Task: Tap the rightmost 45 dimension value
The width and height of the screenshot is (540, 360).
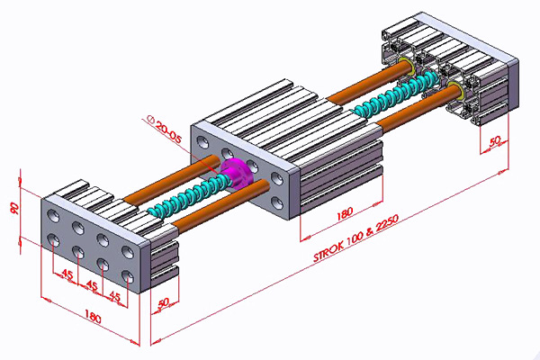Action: [x=114, y=295]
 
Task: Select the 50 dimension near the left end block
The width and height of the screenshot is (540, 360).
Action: [x=163, y=303]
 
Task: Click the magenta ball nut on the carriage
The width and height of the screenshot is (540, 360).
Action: [x=237, y=173]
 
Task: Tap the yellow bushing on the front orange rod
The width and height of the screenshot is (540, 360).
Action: [x=456, y=88]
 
